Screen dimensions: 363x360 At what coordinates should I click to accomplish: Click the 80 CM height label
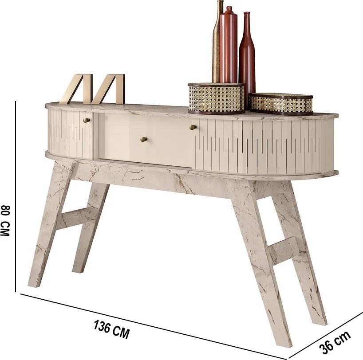click(5, 220)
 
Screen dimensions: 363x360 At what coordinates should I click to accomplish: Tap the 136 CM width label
click(111, 329)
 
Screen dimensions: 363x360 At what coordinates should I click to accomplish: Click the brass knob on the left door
click(87, 120)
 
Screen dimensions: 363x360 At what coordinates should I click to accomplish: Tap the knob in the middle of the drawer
click(144, 139)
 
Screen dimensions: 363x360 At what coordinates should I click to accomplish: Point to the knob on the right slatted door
click(193, 127)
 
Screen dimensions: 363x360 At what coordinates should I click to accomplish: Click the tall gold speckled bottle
click(217, 42)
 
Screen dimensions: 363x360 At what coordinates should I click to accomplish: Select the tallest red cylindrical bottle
click(229, 45)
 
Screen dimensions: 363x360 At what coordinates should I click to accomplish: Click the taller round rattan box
click(216, 98)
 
